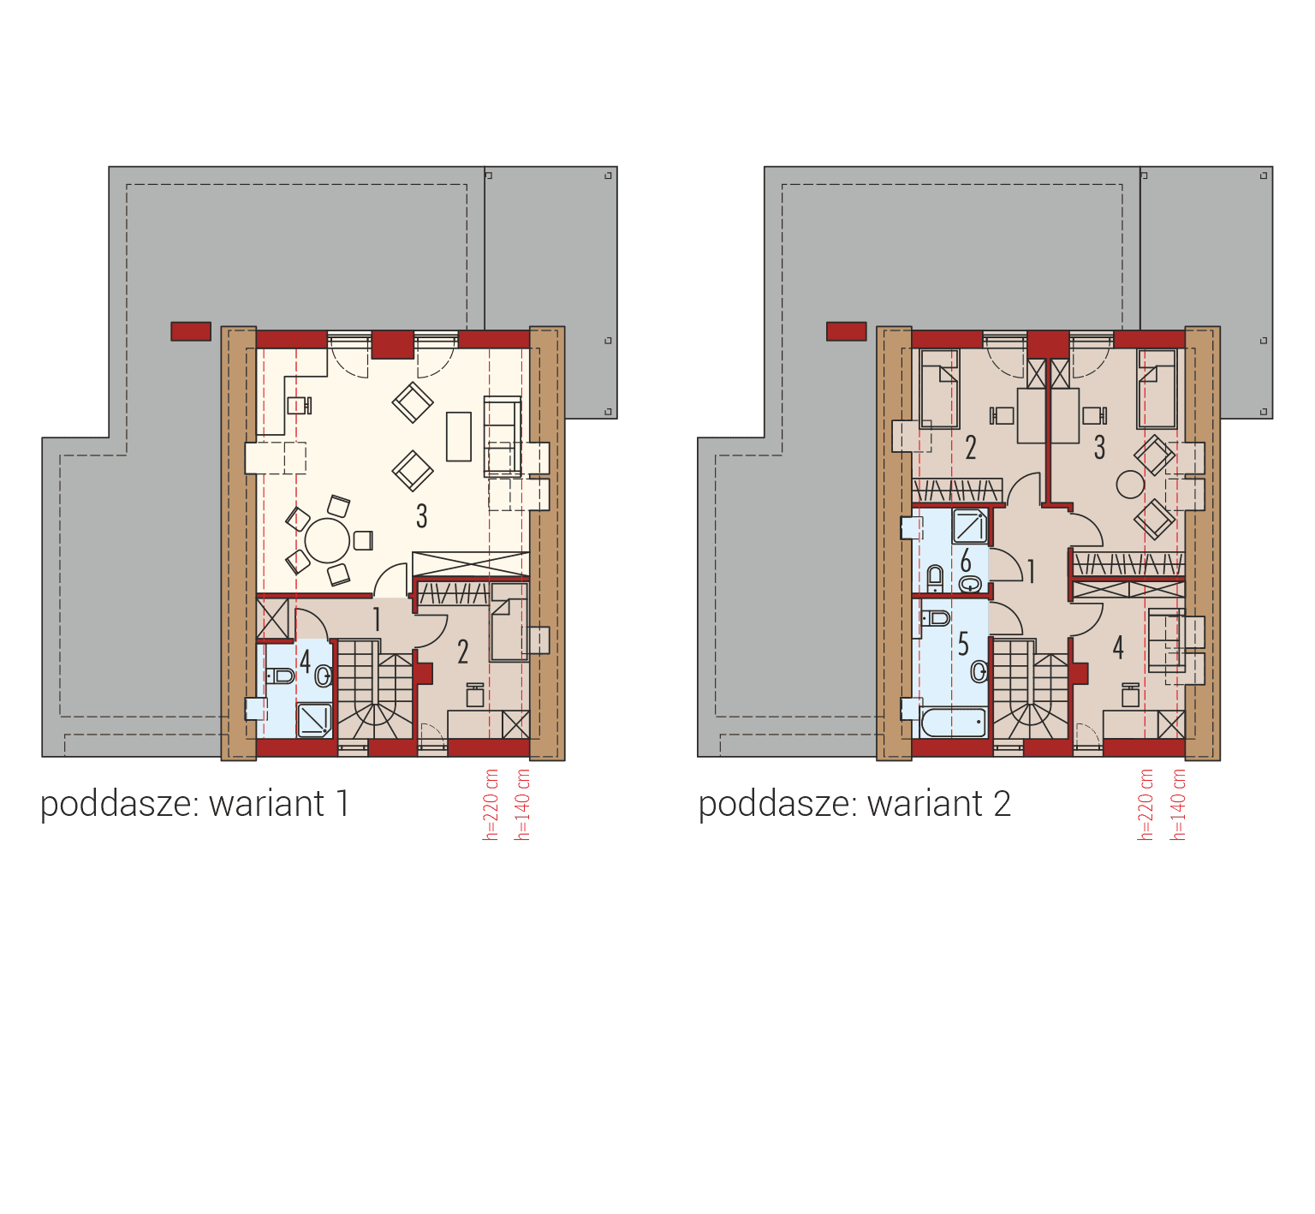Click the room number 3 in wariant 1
(421, 516)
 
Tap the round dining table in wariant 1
(327, 540)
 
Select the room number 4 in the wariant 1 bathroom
(305, 661)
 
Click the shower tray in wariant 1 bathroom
(314, 720)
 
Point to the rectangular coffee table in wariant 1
(459, 436)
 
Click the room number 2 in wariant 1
(463, 652)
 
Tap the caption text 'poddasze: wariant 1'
(195, 804)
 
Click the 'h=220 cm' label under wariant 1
(491, 805)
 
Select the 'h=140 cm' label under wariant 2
(1179, 805)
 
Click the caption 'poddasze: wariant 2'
(854, 804)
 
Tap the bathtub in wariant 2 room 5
(953, 722)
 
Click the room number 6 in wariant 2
(966, 562)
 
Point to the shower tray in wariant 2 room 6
(970, 527)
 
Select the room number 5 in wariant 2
(963, 644)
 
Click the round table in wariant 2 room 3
(1130, 485)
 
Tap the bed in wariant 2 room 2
(939, 390)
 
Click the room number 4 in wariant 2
(1118, 647)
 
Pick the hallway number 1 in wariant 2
(1032, 572)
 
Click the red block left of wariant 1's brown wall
(191, 331)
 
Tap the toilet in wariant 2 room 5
(936, 617)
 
